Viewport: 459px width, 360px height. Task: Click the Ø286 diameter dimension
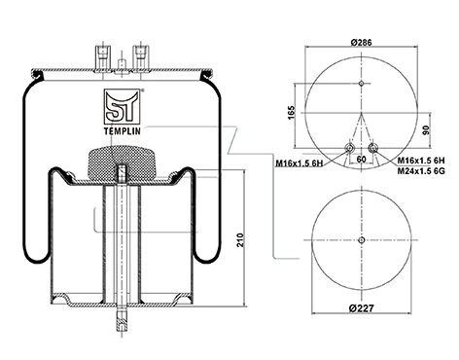point(361,43)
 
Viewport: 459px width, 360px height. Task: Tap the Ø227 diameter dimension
point(362,307)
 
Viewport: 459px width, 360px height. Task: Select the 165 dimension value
point(292,112)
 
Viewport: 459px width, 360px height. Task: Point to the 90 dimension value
point(426,130)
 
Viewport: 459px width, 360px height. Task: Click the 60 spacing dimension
point(361,160)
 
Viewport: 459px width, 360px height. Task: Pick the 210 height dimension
point(240,240)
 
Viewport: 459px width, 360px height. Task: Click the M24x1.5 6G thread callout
point(421,171)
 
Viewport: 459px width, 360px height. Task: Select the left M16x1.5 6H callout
point(300,163)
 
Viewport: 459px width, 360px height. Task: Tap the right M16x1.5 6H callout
point(421,161)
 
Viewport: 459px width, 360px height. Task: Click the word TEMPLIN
point(123,131)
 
